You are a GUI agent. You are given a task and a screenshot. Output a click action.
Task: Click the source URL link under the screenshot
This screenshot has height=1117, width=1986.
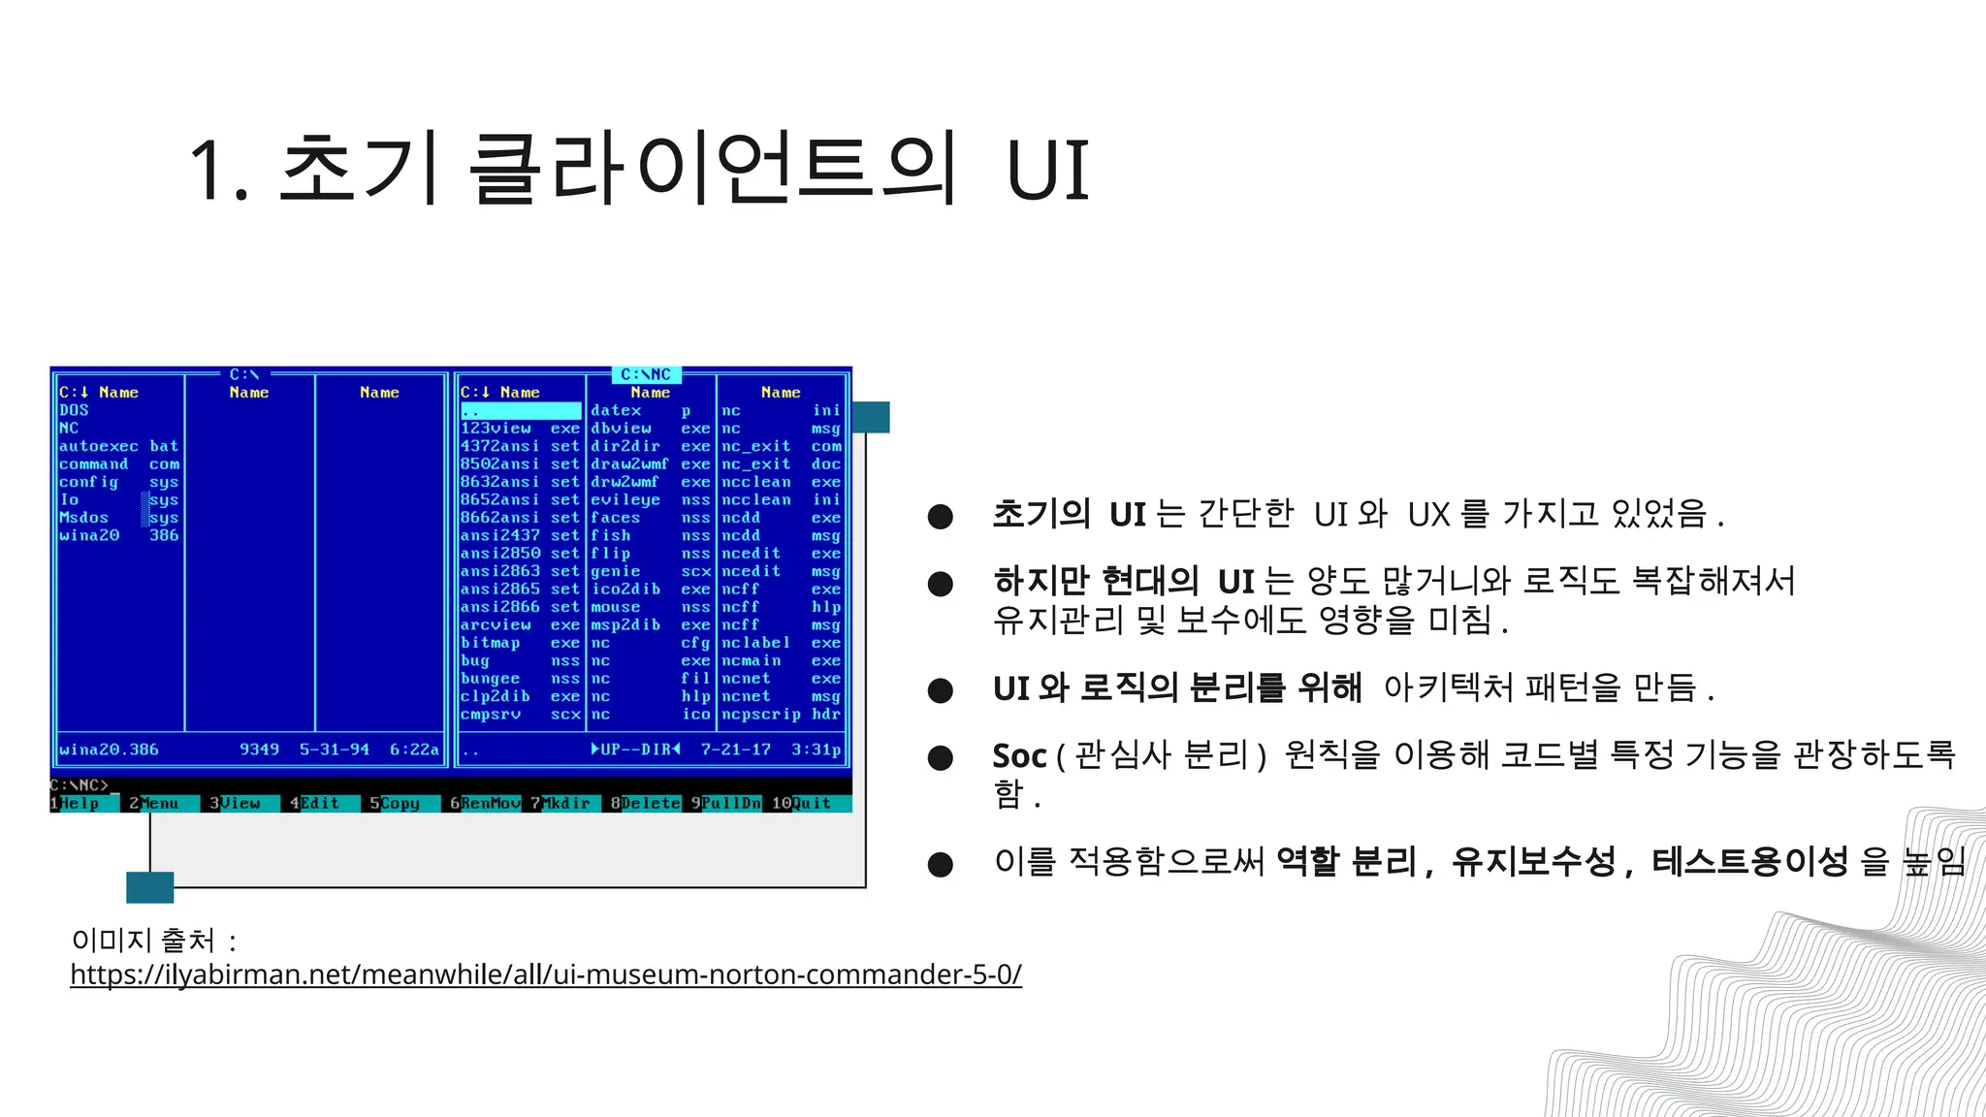coord(546,973)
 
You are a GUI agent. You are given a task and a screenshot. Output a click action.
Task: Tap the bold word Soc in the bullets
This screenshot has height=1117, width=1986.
coord(1019,755)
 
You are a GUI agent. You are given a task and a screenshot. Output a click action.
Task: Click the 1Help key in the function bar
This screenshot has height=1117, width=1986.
coord(76,804)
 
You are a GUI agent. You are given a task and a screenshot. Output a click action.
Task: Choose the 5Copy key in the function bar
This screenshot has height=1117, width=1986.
coord(395,804)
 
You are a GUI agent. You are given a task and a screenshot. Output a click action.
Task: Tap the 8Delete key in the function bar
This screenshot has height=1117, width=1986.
coord(645,804)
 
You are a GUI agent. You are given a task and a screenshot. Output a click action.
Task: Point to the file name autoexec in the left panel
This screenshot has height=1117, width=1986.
coord(99,446)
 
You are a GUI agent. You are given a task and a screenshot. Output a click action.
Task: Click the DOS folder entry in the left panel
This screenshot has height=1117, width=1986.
coord(74,410)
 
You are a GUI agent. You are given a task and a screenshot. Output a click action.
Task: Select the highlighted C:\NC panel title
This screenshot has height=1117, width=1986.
coord(646,374)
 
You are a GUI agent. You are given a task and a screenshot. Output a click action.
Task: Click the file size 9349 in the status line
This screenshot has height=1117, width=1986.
coord(259,750)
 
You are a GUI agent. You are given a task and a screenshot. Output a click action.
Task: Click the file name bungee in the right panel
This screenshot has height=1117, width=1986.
coord(491,679)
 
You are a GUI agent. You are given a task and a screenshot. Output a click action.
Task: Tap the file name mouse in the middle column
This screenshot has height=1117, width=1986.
coord(616,607)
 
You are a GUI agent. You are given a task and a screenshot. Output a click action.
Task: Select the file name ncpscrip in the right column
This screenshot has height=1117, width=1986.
coord(761,715)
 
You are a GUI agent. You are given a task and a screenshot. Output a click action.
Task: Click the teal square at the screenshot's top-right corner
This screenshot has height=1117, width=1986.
coord(871,417)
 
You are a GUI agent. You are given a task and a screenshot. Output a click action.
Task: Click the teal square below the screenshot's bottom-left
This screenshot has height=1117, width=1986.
coord(150,887)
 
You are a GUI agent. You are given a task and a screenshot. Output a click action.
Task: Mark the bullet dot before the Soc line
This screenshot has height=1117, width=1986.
coord(940,757)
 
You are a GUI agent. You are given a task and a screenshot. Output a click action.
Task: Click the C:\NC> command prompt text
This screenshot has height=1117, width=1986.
coord(80,785)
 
